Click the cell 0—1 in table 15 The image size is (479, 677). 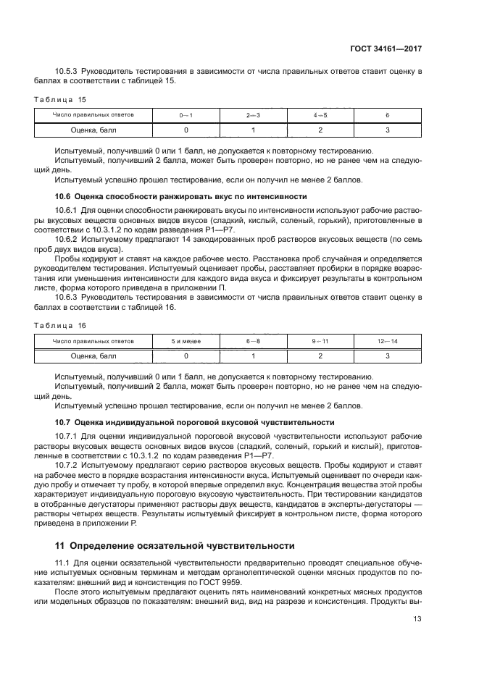pos(186,115)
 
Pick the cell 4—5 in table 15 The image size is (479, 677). pos(320,115)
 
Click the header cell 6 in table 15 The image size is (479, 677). pos(387,115)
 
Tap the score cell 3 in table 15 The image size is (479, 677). pos(387,130)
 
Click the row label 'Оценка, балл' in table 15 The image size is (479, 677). pos(93,130)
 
